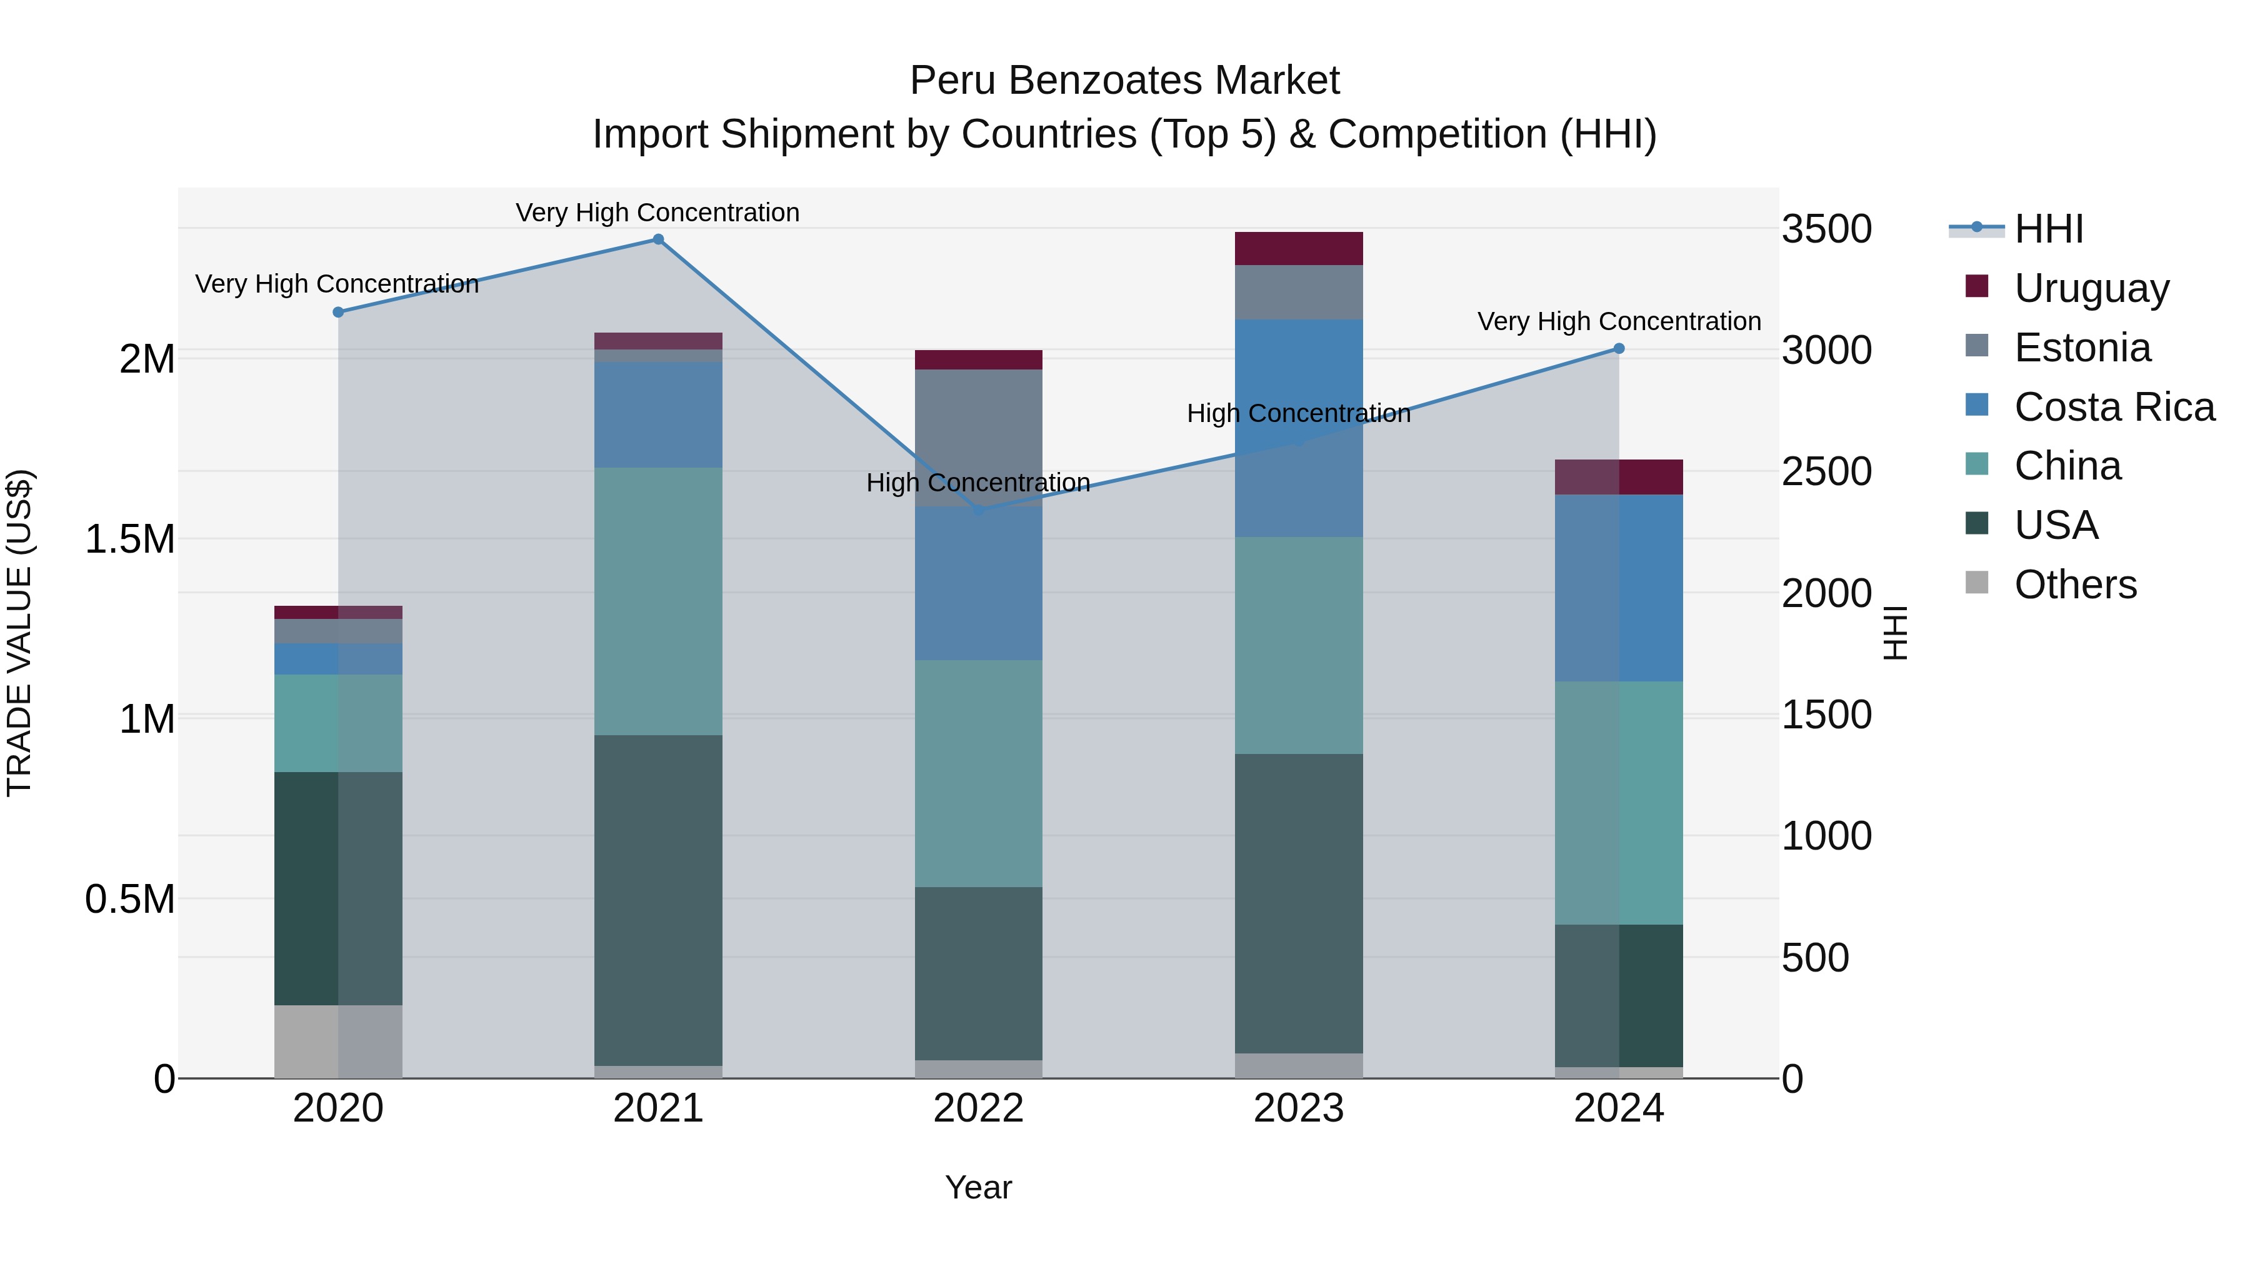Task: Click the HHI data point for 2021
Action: (x=659, y=239)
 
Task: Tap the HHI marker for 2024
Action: (x=1619, y=349)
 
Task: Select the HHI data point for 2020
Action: (x=338, y=312)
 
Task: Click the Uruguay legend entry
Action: (x=2091, y=288)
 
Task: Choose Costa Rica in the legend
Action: (x=2114, y=407)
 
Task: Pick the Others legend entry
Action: (x=2074, y=585)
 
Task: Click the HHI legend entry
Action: (x=2048, y=229)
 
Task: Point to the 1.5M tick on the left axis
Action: (x=129, y=539)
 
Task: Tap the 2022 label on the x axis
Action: (x=978, y=1108)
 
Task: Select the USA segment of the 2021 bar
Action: (x=659, y=900)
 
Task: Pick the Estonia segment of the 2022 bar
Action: (x=978, y=437)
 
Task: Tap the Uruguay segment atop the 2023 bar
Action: (x=1299, y=248)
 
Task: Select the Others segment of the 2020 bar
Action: (x=338, y=1042)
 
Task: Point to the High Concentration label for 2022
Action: (x=978, y=482)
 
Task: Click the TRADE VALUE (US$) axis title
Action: (x=19, y=633)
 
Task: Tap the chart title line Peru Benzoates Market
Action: (x=1125, y=81)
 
